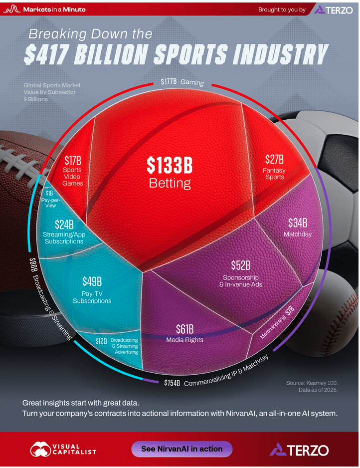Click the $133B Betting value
(169, 165)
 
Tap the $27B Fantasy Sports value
(274, 160)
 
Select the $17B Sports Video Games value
(73, 161)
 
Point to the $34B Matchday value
(297, 223)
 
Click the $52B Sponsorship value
(240, 265)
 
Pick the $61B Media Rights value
(184, 329)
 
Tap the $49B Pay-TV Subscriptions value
(92, 282)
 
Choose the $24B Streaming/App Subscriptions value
(64, 225)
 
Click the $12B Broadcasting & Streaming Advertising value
(101, 341)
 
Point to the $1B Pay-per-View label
(49, 194)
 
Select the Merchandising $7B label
(278, 324)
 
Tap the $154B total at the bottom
(172, 383)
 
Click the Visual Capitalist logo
(63, 449)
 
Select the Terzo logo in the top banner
(333, 9)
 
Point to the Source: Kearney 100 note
(312, 383)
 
